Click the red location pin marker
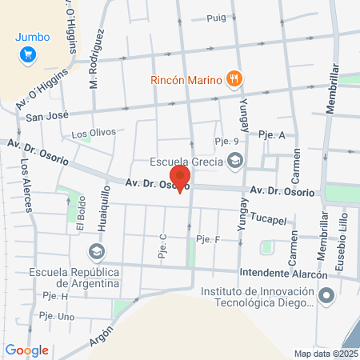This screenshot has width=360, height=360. (x=181, y=178)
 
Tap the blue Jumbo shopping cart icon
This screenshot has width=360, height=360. (x=29, y=54)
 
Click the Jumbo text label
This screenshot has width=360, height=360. (x=32, y=36)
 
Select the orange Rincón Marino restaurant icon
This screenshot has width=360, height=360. (x=234, y=79)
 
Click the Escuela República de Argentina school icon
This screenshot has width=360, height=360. (x=96, y=253)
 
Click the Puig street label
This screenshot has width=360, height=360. (x=216, y=18)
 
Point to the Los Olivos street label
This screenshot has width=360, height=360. (x=94, y=132)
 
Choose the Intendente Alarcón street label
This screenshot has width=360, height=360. (x=284, y=274)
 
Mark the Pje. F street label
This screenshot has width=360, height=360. (x=207, y=238)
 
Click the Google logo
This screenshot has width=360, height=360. (x=26, y=350)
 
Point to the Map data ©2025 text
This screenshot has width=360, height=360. (x=325, y=354)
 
